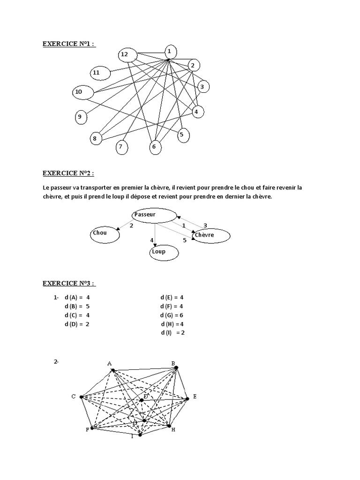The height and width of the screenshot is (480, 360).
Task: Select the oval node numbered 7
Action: tap(121, 147)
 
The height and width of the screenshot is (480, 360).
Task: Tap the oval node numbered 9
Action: tap(81, 117)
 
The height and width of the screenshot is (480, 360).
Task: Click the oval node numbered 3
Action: tap(202, 87)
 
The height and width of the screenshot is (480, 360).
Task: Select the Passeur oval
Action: tap(153, 216)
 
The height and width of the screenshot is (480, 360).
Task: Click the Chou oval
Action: tap(105, 233)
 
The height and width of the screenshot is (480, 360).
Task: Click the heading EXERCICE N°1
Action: tap(68, 45)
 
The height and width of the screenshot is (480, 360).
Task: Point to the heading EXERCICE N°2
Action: tap(68, 173)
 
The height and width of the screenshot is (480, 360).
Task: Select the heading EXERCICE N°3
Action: tap(68, 283)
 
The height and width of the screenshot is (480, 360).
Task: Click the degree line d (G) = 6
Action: tap(172, 315)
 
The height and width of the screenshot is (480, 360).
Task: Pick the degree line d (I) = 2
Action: tap(173, 333)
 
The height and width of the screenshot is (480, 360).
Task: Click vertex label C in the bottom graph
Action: tap(74, 397)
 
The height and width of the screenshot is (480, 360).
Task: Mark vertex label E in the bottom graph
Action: tap(195, 397)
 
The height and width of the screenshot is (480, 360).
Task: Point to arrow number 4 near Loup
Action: tap(152, 240)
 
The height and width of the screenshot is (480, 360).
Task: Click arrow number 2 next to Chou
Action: tap(132, 225)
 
